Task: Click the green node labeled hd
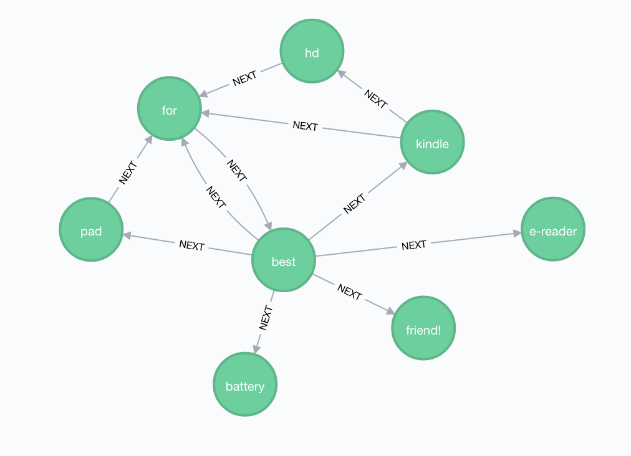click(312, 51)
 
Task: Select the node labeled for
click(170, 108)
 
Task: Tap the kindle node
click(433, 142)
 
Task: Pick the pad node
click(91, 229)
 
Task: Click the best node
click(284, 260)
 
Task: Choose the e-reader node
click(553, 229)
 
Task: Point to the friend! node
click(423, 328)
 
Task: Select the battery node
click(245, 384)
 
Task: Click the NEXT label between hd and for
click(244, 78)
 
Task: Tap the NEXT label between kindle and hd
click(375, 98)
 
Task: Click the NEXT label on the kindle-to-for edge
click(306, 126)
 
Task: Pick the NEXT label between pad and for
click(128, 173)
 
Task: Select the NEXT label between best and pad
click(192, 245)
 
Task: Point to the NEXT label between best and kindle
click(354, 204)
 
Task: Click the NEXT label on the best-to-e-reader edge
click(413, 245)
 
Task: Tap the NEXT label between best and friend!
click(349, 292)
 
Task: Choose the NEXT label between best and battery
click(266, 318)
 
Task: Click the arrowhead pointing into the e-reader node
click(517, 234)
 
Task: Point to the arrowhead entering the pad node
click(127, 235)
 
